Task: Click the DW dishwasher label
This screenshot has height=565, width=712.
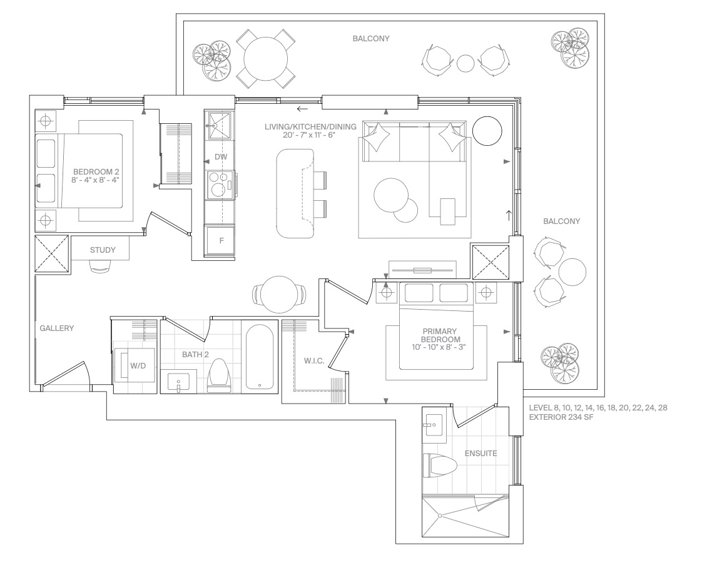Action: pyautogui.click(x=221, y=157)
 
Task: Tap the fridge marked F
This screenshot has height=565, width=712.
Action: pyautogui.click(x=221, y=241)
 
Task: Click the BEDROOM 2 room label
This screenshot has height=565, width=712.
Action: pyautogui.click(x=96, y=171)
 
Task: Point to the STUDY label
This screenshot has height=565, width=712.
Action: pyautogui.click(x=103, y=250)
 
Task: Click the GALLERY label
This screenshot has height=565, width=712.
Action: pyautogui.click(x=57, y=328)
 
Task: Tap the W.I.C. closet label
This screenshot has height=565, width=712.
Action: pyautogui.click(x=314, y=361)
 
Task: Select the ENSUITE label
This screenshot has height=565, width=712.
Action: pyautogui.click(x=481, y=453)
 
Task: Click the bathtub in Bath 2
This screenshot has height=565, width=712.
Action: pyautogui.click(x=259, y=357)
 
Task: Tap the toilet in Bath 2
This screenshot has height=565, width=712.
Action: pyautogui.click(x=219, y=375)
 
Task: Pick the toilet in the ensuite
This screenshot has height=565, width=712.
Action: pyautogui.click(x=439, y=466)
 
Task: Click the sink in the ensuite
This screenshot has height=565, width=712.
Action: pyautogui.click(x=434, y=425)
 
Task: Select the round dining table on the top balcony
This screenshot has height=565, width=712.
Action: pyautogui.click(x=266, y=59)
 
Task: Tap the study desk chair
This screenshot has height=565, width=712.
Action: pyautogui.click(x=101, y=267)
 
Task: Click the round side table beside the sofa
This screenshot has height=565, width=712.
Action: pyautogui.click(x=487, y=131)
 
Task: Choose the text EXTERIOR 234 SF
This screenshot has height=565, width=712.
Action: pyautogui.click(x=561, y=417)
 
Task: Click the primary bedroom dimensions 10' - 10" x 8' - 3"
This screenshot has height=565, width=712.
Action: pyautogui.click(x=439, y=347)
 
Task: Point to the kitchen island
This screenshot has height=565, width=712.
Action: pyautogui.click(x=295, y=193)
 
